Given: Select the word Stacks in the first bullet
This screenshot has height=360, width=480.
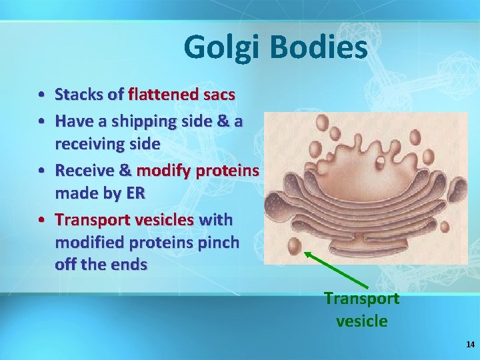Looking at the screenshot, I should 79,95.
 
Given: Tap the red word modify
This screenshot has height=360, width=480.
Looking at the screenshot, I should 163,171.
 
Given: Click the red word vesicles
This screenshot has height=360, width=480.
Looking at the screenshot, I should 167,219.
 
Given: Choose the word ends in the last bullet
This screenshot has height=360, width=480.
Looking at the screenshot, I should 129,265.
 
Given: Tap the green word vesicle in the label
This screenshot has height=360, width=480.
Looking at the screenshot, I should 361,321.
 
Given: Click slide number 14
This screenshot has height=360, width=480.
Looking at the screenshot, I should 471,345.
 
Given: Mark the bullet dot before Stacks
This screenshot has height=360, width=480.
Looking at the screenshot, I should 41,95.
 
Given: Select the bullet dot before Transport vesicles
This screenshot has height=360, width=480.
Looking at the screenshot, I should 41,220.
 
